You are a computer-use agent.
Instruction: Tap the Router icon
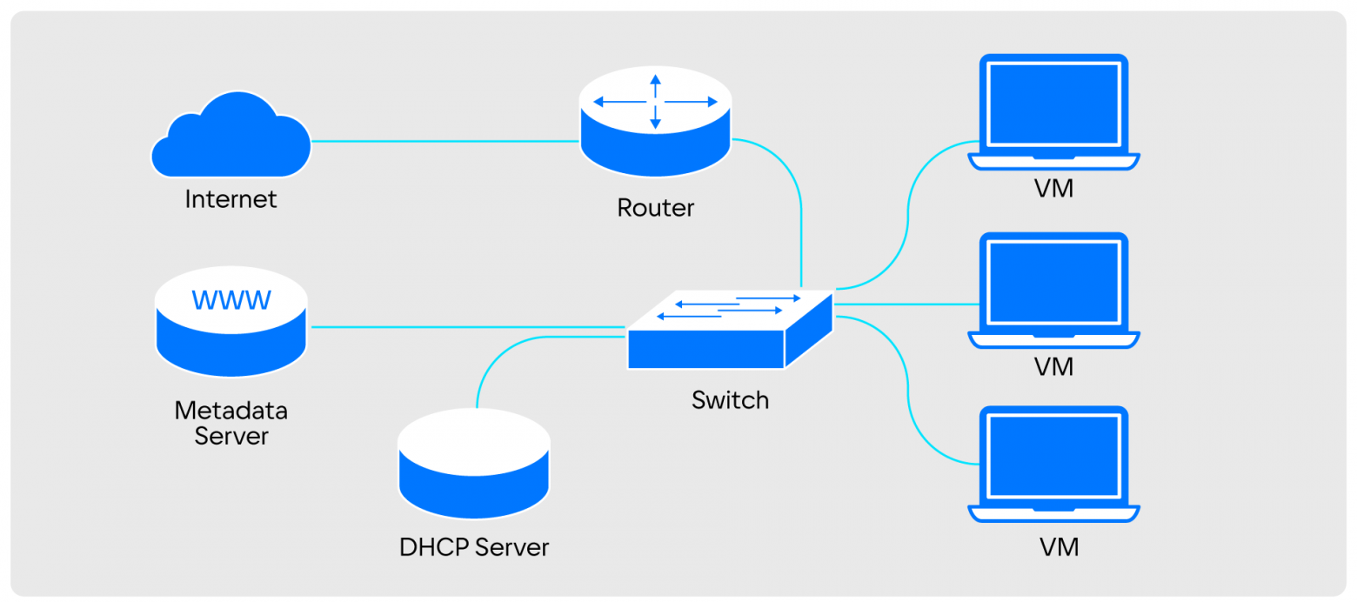(655, 122)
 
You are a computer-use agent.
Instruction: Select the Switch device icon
(729, 331)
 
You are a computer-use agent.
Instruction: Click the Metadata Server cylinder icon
(231, 322)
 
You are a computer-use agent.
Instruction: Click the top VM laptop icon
(1053, 111)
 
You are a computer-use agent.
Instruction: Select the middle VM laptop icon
(1053, 289)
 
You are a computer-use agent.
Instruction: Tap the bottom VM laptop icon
(1053, 463)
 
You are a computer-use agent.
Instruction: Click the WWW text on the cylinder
(231, 300)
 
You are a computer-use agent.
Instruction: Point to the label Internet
(231, 199)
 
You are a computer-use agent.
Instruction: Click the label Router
(656, 208)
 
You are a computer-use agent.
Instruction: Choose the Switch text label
(730, 400)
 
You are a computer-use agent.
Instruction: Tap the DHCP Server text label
(474, 547)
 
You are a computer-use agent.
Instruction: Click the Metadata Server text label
(231, 422)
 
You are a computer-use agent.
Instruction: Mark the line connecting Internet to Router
(444, 141)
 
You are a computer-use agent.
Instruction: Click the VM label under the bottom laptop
(1059, 547)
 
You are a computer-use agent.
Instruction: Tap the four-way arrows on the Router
(655, 102)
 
